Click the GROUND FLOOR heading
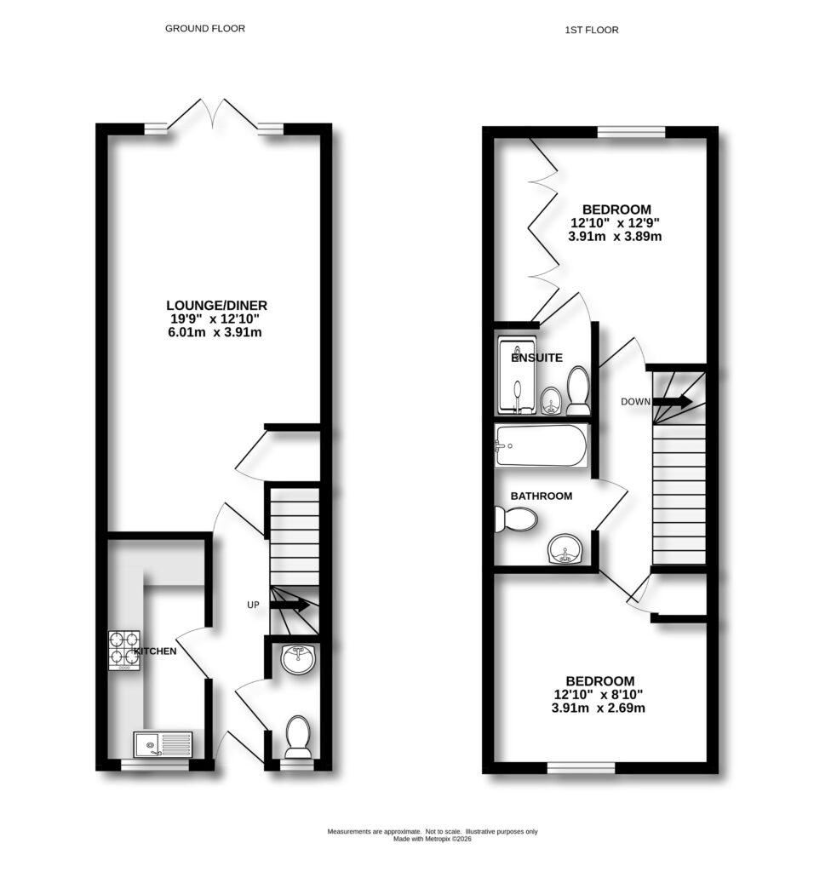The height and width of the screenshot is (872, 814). tap(204, 28)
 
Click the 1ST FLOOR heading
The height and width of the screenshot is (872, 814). tap(591, 30)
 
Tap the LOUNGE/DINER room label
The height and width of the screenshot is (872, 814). tap(223, 305)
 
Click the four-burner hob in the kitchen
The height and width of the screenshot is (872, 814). tap(123, 648)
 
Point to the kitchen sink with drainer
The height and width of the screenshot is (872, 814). tap(163, 745)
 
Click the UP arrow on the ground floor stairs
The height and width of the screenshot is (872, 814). tap(290, 605)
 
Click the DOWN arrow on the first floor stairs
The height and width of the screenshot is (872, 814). tap(675, 401)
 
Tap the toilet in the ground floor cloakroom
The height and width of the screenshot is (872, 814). tap(297, 737)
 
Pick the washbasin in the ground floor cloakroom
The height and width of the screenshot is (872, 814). tap(297, 658)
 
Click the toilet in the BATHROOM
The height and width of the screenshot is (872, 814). tap(515, 518)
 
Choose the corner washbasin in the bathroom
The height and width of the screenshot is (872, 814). tap(565, 551)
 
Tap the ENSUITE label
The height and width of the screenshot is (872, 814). tap(536, 359)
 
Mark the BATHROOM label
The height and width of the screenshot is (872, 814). tap(542, 496)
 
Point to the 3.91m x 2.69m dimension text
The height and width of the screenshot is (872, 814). tap(599, 708)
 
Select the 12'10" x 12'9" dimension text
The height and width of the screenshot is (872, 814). tap(616, 223)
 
